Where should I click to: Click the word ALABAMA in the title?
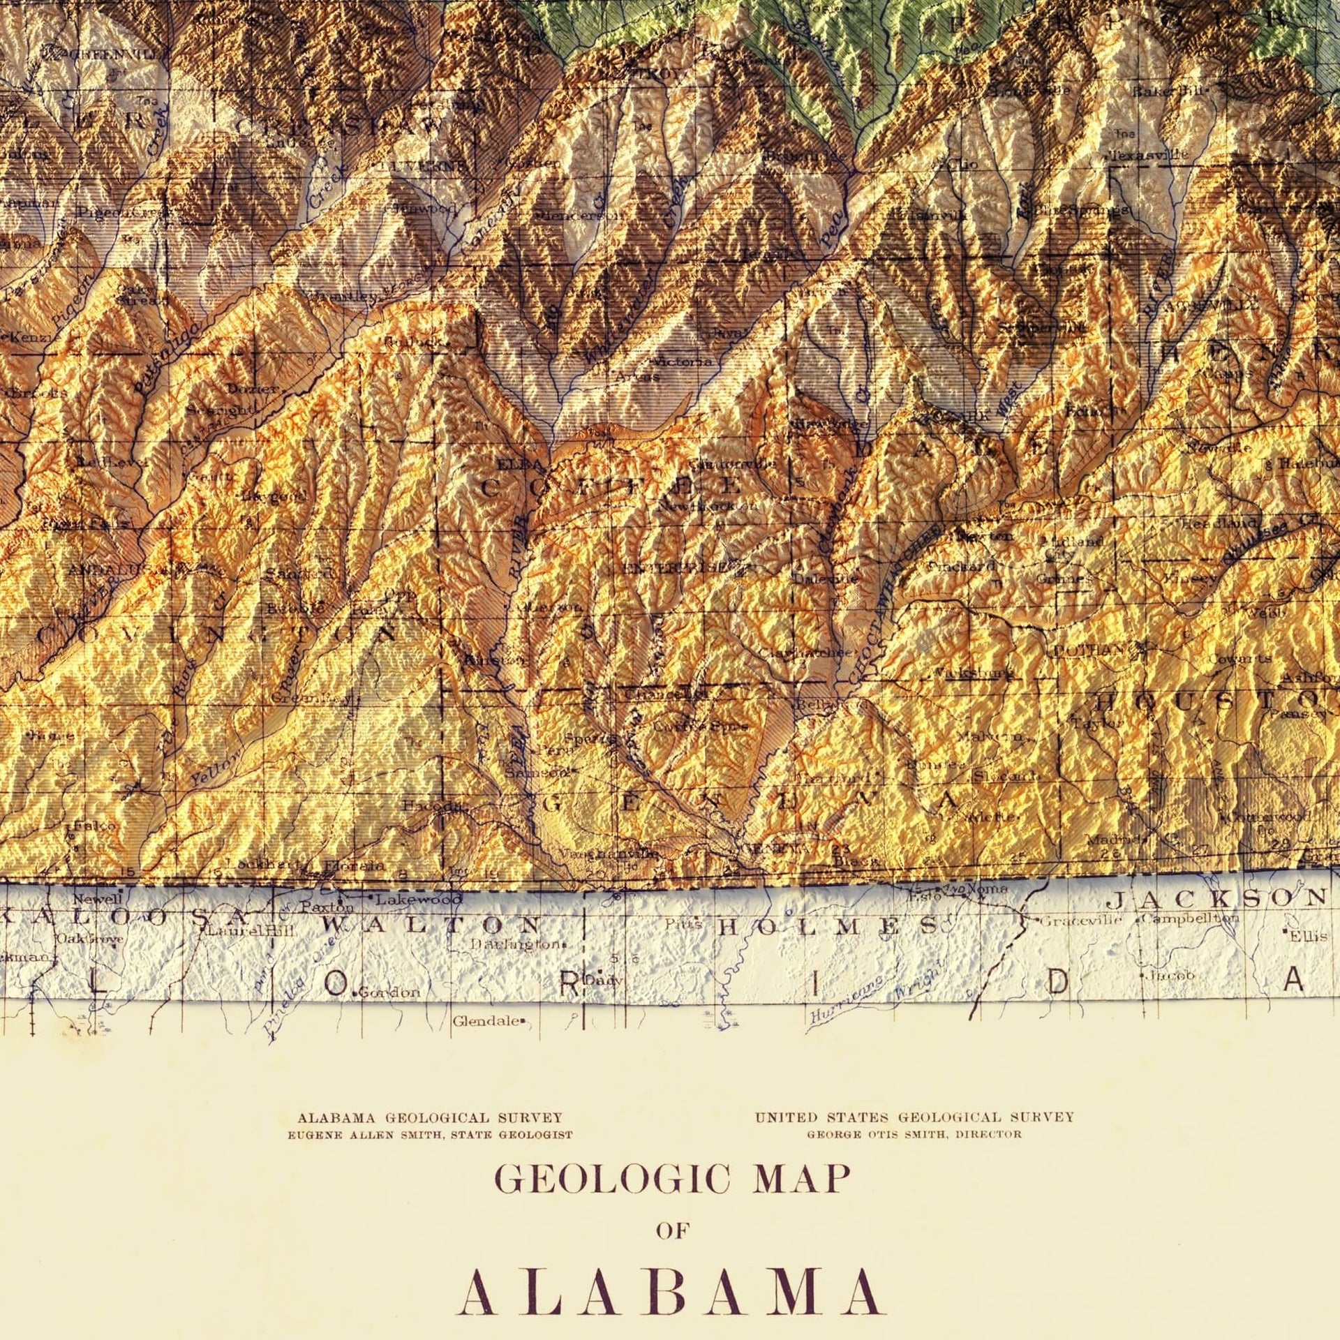click(x=670, y=1291)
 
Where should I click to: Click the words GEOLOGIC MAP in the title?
click(x=672, y=1179)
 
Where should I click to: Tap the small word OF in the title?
click(x=672, y=1230)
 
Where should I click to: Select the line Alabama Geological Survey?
click(x=430, y=1117)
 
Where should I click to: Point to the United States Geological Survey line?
click(x=914, y=1117)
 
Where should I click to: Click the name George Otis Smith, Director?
click(x=914, y=1134)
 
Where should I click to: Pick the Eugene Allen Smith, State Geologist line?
click(x=430, y=1135)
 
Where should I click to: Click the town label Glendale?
click(x=486, y=1021)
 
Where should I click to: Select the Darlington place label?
click(x=514, y=944)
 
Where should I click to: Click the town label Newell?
click(x=89, y=900)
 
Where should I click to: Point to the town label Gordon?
click(x=390, y=992)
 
